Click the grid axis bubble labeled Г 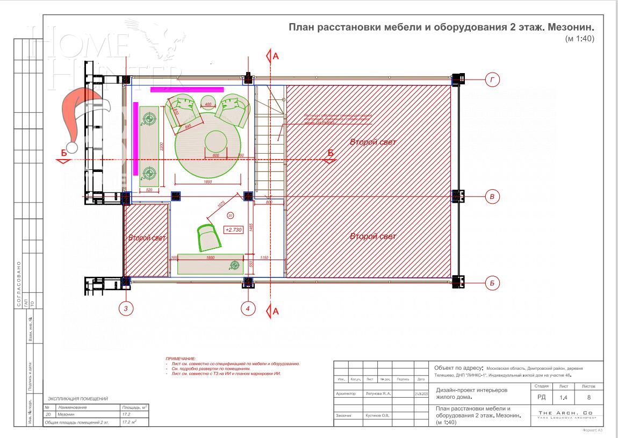tap(493, 81)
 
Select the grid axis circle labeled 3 tap(126, 308)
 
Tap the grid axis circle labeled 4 tap(248, 308)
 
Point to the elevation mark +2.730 tap(234, 229)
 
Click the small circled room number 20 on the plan tap(231, 215)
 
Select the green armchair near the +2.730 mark tap(209, 237)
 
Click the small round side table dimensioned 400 tap(208, 102)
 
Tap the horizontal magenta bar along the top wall tap(187, 89)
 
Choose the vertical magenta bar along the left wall tap(136, 138)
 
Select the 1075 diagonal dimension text tap(221, 205)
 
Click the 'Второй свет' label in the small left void tap(146, 238)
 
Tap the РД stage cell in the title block tap(541, 397)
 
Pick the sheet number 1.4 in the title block tap(563, 398)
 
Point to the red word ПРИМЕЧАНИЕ tap(181, 358)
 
